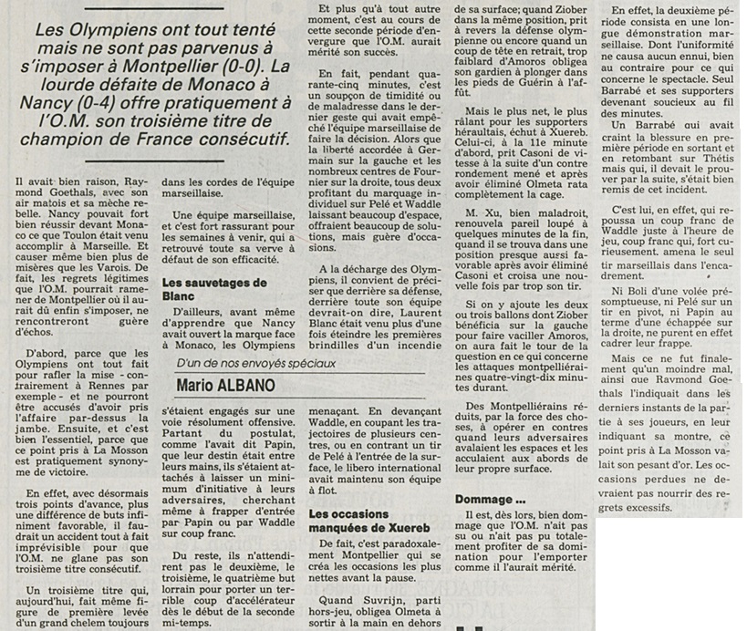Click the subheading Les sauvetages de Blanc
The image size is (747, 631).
click(x=213, y=290)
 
